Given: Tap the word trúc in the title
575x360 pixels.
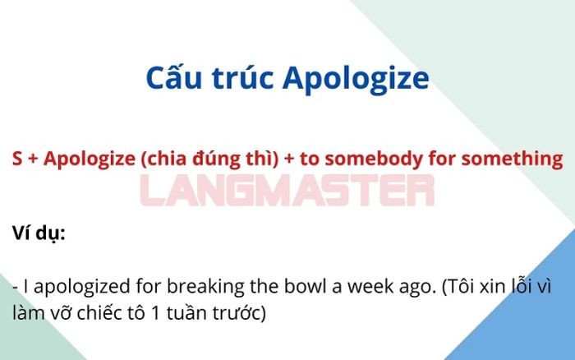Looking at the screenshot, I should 237,79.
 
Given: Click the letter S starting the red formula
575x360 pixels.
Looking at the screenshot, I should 17,159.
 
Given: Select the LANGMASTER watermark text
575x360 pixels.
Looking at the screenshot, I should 287,191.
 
